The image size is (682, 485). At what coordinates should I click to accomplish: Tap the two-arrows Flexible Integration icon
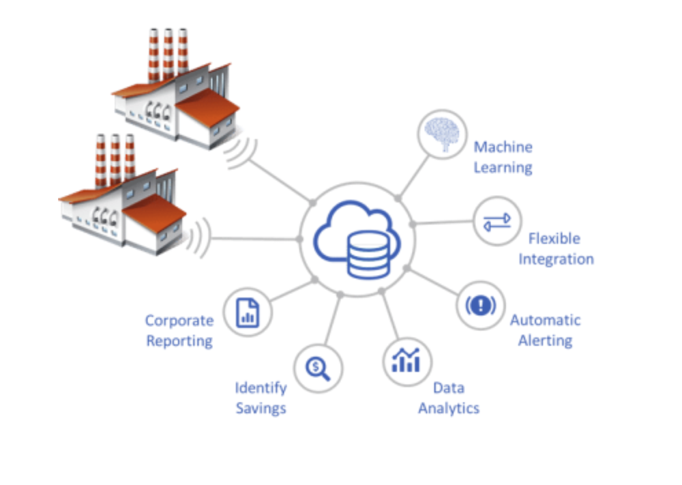(496, 221)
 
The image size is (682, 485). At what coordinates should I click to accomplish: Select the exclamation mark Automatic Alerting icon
(480, 305)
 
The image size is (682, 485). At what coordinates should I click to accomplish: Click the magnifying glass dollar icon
(318, 368)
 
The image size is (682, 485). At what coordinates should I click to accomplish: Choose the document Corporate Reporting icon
(248, 313)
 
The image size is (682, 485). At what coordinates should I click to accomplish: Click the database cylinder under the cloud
(368, 254)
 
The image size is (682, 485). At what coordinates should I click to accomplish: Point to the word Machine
(503, 147)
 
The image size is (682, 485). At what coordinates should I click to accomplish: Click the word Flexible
(554, 239)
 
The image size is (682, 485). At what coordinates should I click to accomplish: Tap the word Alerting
(545, 340)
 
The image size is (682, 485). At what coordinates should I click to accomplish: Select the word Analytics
(449, 409)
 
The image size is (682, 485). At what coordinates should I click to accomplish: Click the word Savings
(261, 409)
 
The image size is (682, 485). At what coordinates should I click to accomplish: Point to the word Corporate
(179, 321)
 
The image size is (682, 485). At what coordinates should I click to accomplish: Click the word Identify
(261, 388)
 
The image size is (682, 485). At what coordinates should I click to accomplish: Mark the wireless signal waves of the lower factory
(198, 236)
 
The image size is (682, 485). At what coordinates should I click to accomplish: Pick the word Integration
(556, 259)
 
